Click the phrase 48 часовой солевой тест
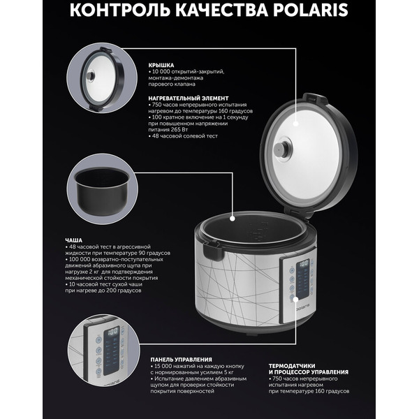tap(185, 137)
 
